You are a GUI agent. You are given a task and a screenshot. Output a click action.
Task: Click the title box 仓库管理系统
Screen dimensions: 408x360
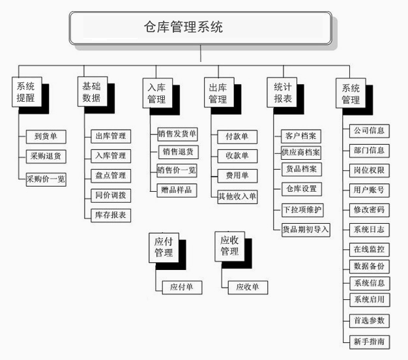[200, 28]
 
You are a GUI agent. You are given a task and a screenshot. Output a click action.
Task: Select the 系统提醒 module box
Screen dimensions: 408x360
[27, 92]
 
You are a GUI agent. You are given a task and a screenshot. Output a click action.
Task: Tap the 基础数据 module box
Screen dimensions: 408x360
[93, 91]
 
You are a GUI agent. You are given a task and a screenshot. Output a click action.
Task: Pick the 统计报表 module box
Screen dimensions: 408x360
[282, 93]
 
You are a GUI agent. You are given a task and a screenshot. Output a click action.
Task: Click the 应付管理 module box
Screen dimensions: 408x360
[164, 248]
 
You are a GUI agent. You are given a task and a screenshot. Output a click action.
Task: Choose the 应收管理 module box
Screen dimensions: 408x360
[229, 247]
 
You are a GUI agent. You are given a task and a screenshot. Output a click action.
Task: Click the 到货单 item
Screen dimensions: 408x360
[46, 137]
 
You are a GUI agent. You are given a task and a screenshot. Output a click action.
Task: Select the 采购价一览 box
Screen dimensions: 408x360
[46, 179]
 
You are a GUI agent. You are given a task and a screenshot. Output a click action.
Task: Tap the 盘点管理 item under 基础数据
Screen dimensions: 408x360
[111, 175]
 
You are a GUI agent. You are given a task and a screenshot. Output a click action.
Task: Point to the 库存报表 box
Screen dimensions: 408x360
[111, 215]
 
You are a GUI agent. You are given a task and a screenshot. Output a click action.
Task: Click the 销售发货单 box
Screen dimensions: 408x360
[177, 134]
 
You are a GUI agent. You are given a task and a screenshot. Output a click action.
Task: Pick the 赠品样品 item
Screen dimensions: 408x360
[177, 190]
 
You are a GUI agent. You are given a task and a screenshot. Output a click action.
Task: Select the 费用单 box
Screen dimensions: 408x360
[237, 175]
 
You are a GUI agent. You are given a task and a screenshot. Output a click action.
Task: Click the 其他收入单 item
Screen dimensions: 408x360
[237, 197]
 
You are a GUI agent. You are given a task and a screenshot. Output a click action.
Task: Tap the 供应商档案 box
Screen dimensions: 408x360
[301, 153]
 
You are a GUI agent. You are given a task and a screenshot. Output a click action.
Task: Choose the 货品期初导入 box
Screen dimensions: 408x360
[306, 230]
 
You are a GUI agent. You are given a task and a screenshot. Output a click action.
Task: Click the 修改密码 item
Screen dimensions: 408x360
[370, 210]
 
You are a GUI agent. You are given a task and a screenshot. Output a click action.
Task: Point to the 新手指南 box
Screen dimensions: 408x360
[370, 342]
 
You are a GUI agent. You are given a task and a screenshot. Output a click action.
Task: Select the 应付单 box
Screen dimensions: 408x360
[182, 288]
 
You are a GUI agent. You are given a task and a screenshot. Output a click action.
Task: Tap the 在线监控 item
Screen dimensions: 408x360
[370, 250]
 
